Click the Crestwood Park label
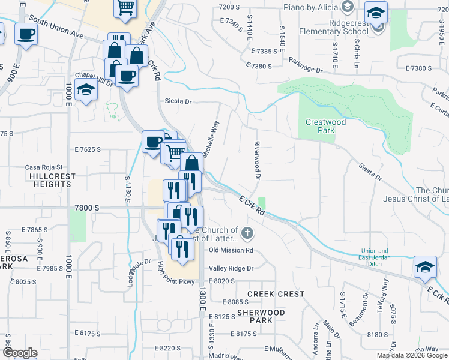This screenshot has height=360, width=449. (x=325, y=127)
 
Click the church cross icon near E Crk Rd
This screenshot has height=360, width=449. (x=246, y=232)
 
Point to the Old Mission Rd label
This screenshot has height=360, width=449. (x=231, y=250)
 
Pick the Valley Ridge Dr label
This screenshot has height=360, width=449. (x=231, y=268)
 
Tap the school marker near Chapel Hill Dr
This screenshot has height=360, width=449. (x=86, y=90)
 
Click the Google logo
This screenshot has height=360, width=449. (x=20, y=353)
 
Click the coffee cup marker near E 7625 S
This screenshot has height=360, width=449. (x=153, y=142)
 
